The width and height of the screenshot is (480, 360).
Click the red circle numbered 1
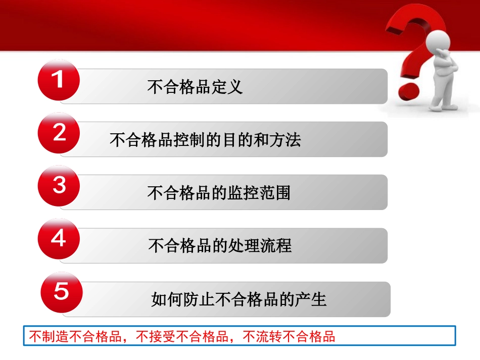[x=59, y=81]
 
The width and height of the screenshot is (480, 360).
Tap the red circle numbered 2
[x=59, y=133]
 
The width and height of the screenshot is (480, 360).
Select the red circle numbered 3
[x=59, y=186]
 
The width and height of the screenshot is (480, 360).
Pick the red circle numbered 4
[x=59, y=239]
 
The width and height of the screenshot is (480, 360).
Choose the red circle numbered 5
[x=61, y=292]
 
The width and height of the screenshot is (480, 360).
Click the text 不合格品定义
[x=195, y=87]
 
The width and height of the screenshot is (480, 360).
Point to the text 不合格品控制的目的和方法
[x=205, y=140]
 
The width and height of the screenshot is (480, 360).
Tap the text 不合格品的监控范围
[x=219, y=193]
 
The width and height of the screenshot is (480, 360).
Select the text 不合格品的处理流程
[x=220, y=246]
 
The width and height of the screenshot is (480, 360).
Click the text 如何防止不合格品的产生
[x=239, y=299]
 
